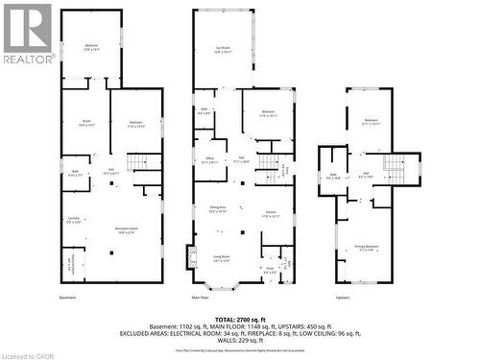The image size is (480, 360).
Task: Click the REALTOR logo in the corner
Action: pyautogui.click(x=27, y=33)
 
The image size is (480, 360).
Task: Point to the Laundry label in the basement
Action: pyautogui.click(x=75, y=220)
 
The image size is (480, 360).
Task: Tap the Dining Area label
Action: pyautogui.click(x=217, y=210)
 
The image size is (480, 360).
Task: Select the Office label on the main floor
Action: pyautogui.click(x=209, y=159)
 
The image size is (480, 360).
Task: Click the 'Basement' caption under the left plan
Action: pyautogui.click(x=67, y=298)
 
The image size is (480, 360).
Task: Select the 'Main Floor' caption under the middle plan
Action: pyautogui.click(x=200, y=298)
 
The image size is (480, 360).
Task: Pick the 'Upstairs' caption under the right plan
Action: pyautogui.click(x=344, y=298)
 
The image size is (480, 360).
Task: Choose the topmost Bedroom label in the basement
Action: pyautogui.click(x=91, y=48)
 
